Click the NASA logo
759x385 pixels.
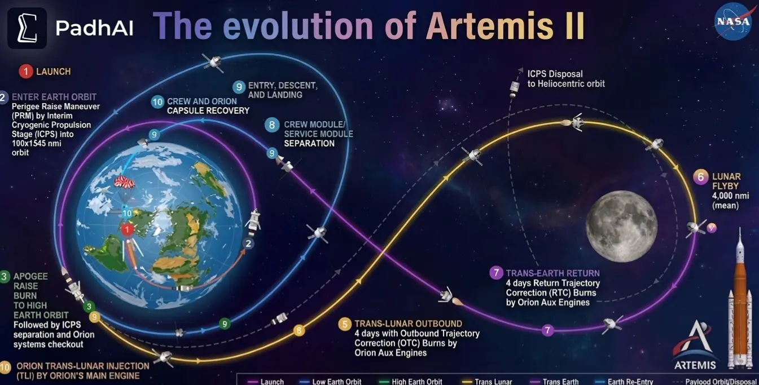click(x=733, y=21)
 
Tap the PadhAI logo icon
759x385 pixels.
click(x=27, y=28)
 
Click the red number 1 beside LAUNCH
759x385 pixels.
click(x=25, y=72)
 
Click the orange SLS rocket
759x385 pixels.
click(x=739, y=304)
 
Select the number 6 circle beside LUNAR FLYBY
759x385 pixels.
click(x=700, y=177)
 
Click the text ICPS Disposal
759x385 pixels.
click(x=555, y=74)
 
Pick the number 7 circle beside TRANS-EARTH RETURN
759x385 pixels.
click(x=496, y=273)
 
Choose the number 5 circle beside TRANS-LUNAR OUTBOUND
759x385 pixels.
click(x=344, y=324)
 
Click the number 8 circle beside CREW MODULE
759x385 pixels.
click(x=273, y=125)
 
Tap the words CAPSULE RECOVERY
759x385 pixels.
click(x=208, y=110)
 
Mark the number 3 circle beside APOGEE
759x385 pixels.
click(x=5, y=276)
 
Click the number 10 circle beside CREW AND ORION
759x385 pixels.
click(x=157, y=102)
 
